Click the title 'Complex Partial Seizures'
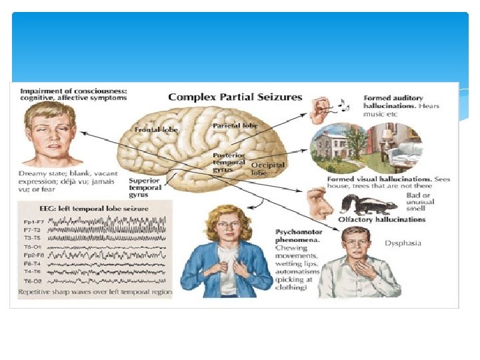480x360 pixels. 235,97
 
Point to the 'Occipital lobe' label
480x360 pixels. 267,168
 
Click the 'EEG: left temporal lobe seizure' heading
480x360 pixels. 94,209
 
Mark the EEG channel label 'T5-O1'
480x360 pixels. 31,246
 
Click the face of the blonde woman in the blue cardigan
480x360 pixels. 227,227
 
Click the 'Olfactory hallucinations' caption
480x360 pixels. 381,219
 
